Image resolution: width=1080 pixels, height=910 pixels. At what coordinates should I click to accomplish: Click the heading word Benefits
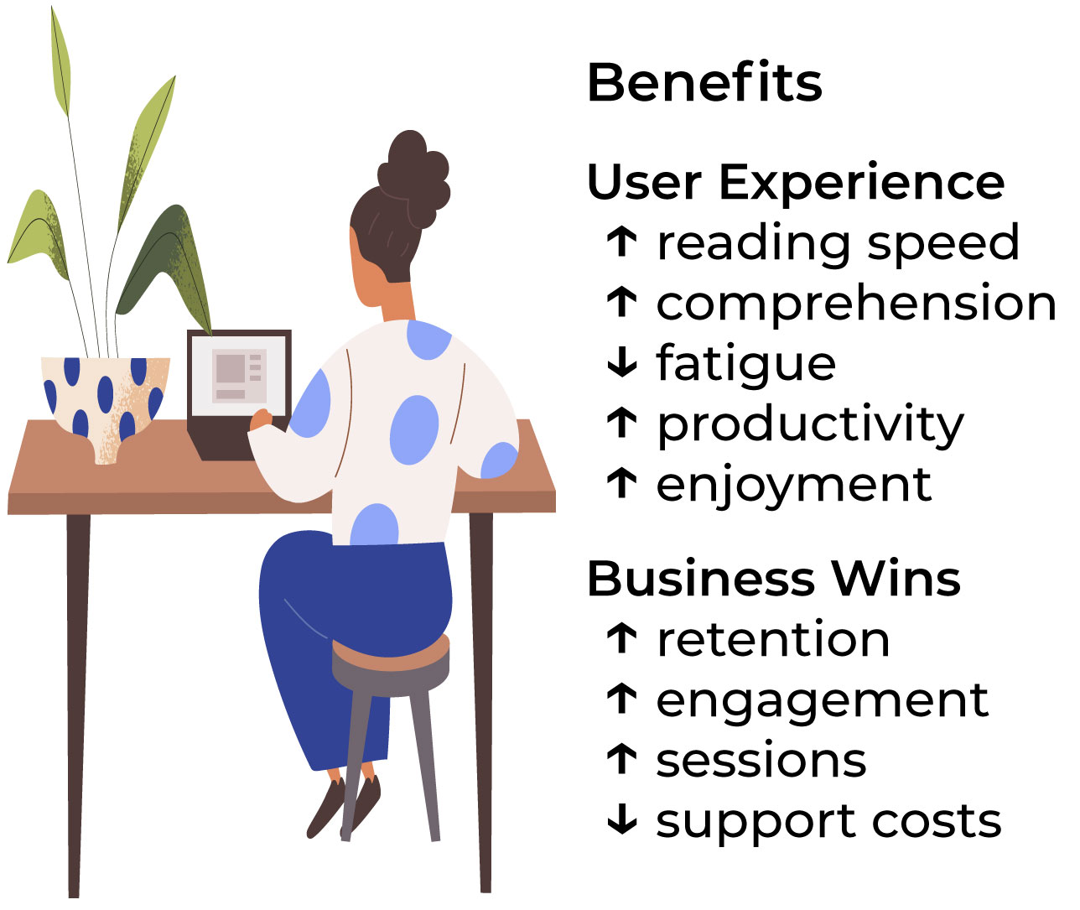pyautogui.click(x=704, y=83)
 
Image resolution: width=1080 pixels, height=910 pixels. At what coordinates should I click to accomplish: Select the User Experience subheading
pyautogui.click(x=796, y=182)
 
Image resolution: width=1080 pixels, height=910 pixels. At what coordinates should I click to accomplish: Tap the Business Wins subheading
pyautogui.click(x=773, y=579)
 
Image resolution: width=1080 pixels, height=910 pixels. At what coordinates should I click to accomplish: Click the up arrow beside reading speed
pyautogui.click(x=621, y=241)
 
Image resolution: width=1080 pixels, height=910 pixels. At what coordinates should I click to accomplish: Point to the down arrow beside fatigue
pyautogui.click(x=621, y=361)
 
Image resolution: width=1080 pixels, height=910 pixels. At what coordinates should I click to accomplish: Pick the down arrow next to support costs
pyautogui.click(x=621, y=819)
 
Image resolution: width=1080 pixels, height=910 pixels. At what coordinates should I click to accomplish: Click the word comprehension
pyautogui.click(x=856, y=304)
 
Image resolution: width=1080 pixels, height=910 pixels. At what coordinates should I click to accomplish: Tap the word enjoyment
pyautogui.click(x=794, y=486)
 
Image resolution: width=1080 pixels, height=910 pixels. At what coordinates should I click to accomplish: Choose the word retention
pyautogui.click(x=773, y=640)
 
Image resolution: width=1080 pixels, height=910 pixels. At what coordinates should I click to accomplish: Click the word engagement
pyautogui.click(x=823, y=701)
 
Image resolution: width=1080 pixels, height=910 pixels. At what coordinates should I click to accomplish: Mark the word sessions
pyautogui.click(x=761, y=761)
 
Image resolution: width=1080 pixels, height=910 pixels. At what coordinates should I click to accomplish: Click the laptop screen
pyautogui.click(x=238, y=375)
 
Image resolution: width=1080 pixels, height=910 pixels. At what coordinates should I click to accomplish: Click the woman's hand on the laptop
pyautogui.click(x=261, y=419)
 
